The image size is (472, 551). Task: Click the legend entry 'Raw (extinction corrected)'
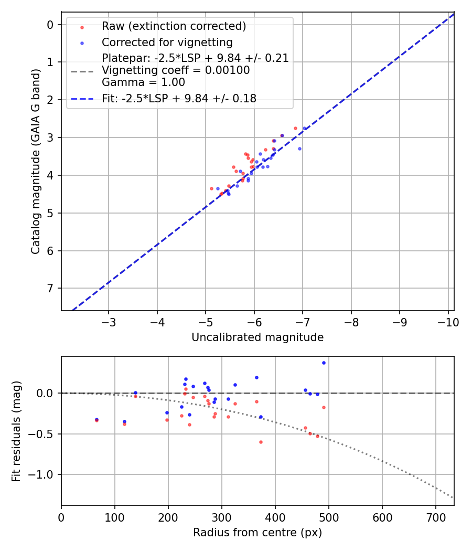pyautogui.click(x=174, y=26)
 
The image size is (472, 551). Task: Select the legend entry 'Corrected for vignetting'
pyautogui.click(x=167, y=42)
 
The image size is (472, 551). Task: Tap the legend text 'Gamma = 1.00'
pyautogui.click(x=143, y=82)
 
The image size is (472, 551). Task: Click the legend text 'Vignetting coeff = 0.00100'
pyautogui.click(x=176, y=70)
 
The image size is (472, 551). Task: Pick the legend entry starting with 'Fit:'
pyautogui.click(x=179, y=98)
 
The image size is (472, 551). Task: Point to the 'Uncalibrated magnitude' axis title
pyautogui.click(x=258, y=337)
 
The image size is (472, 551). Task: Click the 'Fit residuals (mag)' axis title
pyautogui.click(x=16, y=431)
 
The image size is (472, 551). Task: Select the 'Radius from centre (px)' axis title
pyautogui.click(x=258, y=533)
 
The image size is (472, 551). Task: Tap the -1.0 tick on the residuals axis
pyautogui.click(x=45, y=475)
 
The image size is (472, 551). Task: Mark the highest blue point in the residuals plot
pyautogui.click(x=324, y=363)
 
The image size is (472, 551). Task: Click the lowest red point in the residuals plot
pyautogui.click(x=261, y=442)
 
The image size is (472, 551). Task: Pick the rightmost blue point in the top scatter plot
pyautogui.click(x=304, y=129)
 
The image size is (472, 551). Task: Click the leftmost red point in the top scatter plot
pyautogui.click(x=211, y=188)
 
